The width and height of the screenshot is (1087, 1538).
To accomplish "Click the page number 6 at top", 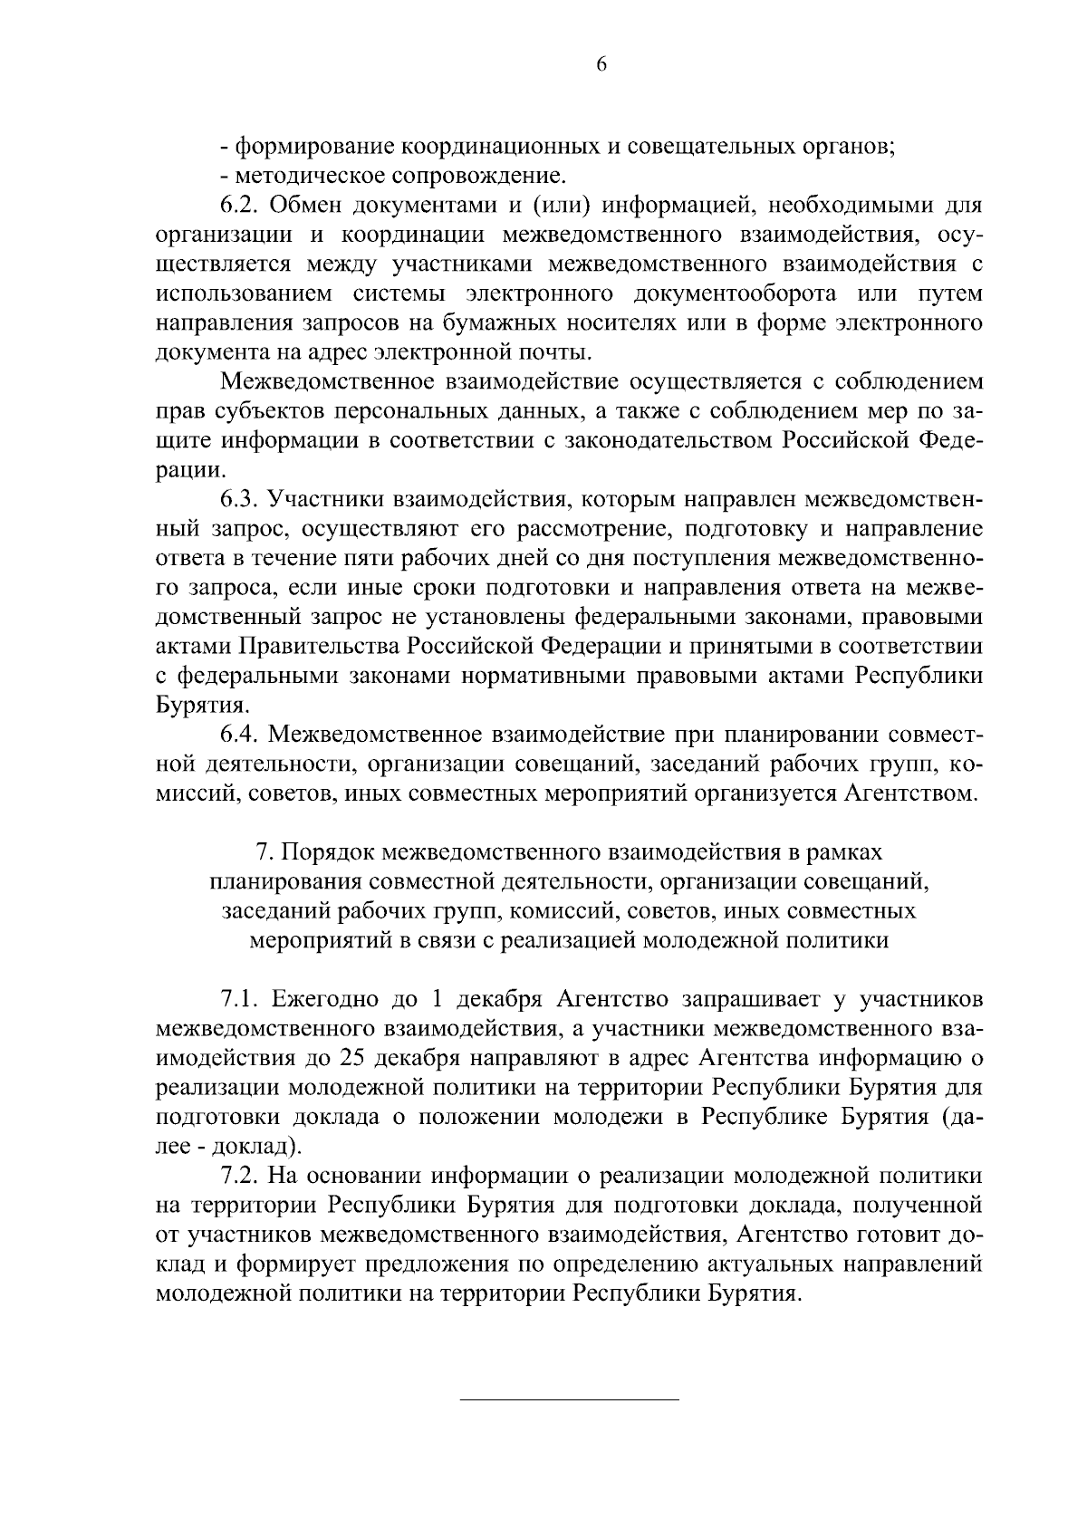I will coord(601,64).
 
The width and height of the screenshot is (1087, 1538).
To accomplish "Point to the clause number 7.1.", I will coord(239,999).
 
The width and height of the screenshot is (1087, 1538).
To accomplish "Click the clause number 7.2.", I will coord(240,1176).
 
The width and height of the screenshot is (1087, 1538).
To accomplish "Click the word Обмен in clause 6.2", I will coord(313,206).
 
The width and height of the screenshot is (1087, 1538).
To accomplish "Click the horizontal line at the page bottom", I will coord(570,1400).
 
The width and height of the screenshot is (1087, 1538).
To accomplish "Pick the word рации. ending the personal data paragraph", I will coord(189,470).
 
